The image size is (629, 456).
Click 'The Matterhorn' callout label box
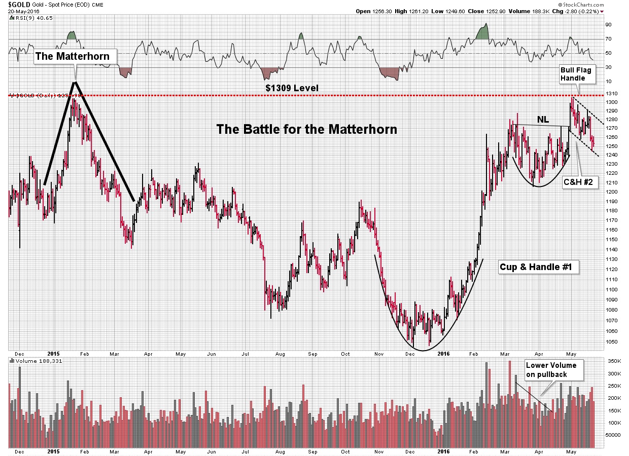pos(72,56)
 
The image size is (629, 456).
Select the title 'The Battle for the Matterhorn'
pos(306,129)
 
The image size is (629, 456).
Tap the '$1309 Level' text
pos(292,88)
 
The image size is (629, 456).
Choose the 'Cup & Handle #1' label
pos(539,267)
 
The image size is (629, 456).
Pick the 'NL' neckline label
pos(543,120)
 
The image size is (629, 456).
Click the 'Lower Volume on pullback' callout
pos(553,370)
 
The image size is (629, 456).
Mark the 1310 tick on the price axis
pos(611,93)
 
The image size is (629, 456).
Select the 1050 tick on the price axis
pos(611,341)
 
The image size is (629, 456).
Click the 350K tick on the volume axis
pos(613,361)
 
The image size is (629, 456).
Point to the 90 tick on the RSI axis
pos(608,24)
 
